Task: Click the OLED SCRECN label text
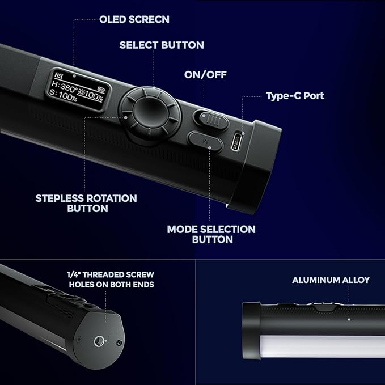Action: [134, 19]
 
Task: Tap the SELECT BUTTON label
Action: [162, 45]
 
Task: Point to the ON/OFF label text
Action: [205, 75]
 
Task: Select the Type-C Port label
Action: [295, 96]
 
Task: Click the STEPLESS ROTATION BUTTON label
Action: [86, 204]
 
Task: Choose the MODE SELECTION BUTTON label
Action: [211, 235]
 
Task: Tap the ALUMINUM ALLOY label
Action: [331, 280]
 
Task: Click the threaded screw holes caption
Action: [111, 280]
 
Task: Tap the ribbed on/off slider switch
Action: [214, 120]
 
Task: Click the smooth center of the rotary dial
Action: [150, 113]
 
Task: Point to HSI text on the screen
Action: [58, 75]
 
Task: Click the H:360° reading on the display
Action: [64, 86]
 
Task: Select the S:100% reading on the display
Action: [63, 95]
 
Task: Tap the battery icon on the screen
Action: [101, 88]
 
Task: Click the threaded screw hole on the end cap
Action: [99, 341]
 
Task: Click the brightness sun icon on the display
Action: [81, 93]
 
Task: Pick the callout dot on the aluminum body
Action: [349, 319]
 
